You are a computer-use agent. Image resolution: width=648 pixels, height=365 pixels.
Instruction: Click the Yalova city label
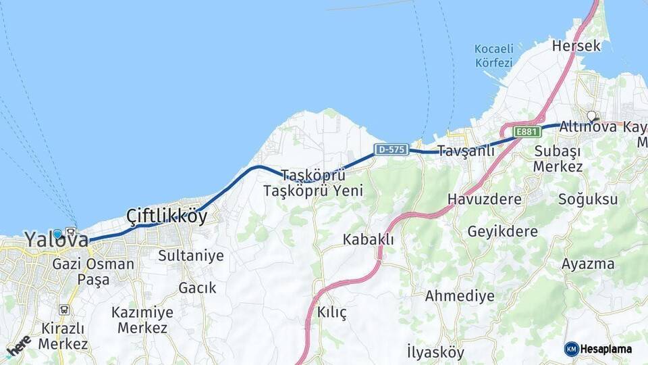tap(57, 239)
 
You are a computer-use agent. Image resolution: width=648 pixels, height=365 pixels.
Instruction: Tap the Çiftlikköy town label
tap(167, 216)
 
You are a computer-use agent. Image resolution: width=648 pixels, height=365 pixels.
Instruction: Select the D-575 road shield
tap(391, 149)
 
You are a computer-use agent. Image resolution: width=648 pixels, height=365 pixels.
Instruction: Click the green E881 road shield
tap(527, 131)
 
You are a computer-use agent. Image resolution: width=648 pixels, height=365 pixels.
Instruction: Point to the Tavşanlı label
tap(466, 151)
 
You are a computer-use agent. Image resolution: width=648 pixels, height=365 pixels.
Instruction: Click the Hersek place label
tap(576, 46)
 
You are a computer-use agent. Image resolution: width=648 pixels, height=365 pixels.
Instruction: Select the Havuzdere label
tap(485, 199)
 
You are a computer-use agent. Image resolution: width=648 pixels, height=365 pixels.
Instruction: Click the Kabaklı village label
tap(368, 239)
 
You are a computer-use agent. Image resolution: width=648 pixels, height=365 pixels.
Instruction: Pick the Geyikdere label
tap(503, 232)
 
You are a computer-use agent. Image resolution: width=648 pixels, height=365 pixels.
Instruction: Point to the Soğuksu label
tap(588, 199)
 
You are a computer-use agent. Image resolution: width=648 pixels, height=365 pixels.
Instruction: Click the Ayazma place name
tap(588, 264)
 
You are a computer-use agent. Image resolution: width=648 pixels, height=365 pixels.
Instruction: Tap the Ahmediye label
tap(459, 296)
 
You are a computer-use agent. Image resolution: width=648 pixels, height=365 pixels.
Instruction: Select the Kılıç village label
tap(331, 312)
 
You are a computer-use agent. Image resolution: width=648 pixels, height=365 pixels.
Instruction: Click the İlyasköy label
tap(435, 352)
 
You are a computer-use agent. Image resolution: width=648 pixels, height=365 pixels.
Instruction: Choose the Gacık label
tap(197, 288)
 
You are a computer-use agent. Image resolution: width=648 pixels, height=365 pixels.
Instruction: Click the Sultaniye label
tap(181, 255)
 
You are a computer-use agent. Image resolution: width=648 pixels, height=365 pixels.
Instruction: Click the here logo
tap(18, 345)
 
